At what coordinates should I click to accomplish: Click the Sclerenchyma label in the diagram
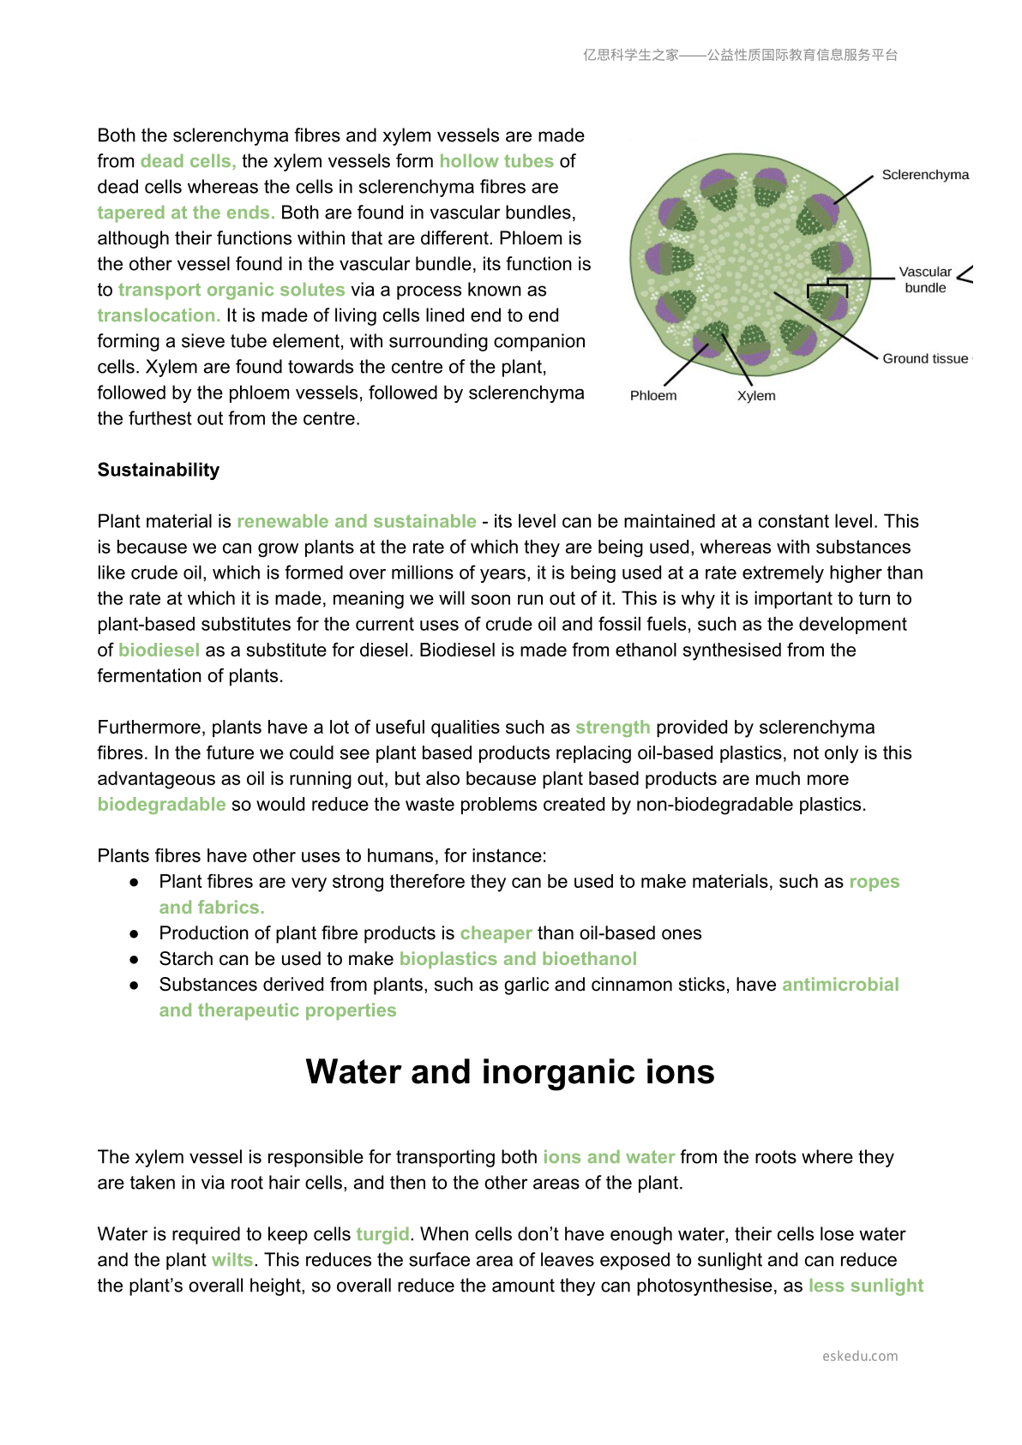click(925, 175)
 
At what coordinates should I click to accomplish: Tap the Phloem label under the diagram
click(653, 395)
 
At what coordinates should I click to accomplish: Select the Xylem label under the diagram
click(756, 395)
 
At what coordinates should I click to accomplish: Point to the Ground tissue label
click(925, 358)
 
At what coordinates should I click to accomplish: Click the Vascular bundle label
click(925, 279)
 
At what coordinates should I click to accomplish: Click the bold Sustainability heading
click(159, 470)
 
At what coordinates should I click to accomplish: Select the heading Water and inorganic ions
click(510, 1072)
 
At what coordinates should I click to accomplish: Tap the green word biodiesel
click(159, 650)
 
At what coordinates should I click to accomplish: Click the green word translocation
click(159, 315)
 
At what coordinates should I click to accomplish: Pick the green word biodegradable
click(161, 804)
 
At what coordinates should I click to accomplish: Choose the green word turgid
click(382, 1234)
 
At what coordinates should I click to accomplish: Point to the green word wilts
click(232, 1260)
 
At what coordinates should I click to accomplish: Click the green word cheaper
click(496, 932)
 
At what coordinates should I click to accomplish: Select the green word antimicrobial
click(840, 984)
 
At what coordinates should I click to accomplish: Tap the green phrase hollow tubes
click(496, 161)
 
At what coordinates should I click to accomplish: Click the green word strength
click(612, 727)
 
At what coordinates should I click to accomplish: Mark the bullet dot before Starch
click(134, 959)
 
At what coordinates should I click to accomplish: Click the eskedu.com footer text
click(860, 1356)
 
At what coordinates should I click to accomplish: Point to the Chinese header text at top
click(741, 55)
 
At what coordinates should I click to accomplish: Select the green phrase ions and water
click(609, 1157)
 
